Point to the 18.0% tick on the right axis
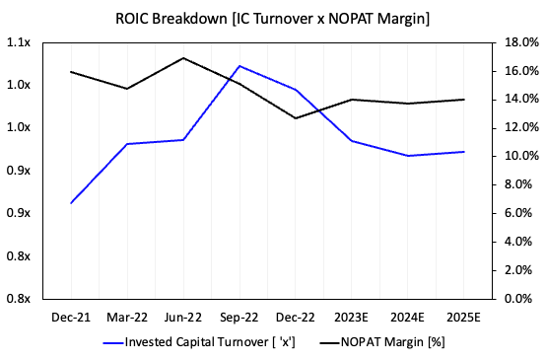tap(517, 43)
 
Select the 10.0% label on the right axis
tap(517, 156)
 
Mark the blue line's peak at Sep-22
tap(239, 66)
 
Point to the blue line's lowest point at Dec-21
tap(71, 203)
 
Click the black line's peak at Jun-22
tap(183, 58)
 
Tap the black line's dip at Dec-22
tap(296, 118)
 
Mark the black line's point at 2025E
tap(464, 100)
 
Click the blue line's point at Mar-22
tap(127, 144)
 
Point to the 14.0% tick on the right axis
tap(517, 100)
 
